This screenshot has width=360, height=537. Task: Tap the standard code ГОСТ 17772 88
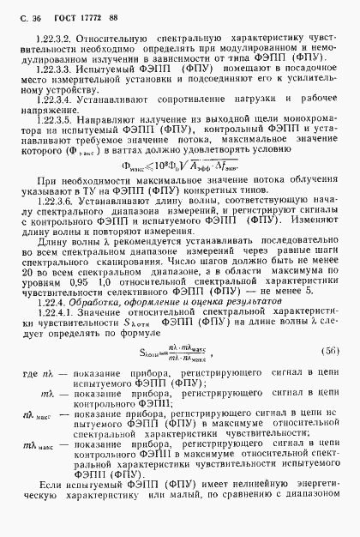pyautogui.click(x=89, y=15)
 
